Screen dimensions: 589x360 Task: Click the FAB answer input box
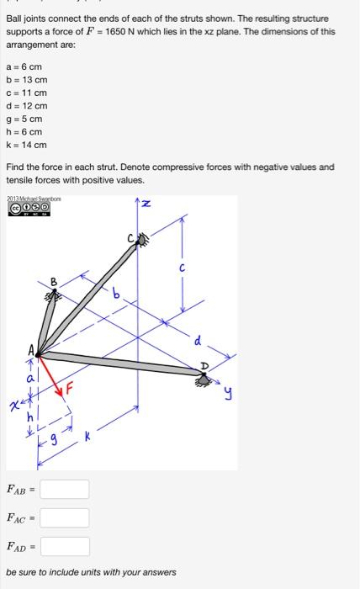(x=64, y=489)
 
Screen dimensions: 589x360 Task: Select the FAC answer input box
(x=64, y=517)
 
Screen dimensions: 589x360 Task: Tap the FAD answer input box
(x=64, y=546)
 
